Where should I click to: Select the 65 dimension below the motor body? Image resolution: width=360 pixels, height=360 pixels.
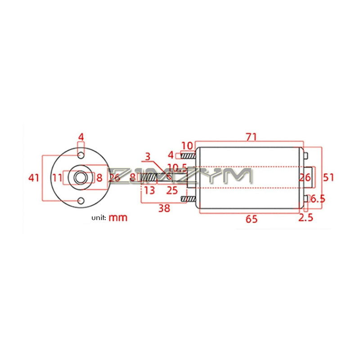point(252,219)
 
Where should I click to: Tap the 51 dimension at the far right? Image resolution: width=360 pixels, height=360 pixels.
point(329,177)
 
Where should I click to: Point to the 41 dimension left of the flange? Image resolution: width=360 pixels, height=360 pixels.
point(34,178)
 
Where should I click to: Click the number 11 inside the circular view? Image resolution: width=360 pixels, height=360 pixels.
point(57,178)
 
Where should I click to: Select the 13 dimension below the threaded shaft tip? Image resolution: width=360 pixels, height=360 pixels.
point(149,190)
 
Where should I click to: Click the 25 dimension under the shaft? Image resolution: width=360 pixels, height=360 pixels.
point(172,190)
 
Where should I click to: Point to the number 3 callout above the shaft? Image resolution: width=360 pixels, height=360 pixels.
point(147,157)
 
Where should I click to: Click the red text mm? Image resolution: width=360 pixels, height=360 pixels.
point(118,218)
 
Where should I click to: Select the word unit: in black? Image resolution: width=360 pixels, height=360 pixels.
point(99,218)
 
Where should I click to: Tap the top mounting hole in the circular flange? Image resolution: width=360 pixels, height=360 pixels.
point(81,155)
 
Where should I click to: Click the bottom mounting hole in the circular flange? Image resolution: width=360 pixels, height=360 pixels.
point(81,200)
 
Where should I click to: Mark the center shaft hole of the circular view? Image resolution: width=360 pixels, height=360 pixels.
point(81,178)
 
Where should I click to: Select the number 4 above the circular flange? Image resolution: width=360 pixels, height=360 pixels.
point(81,136)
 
